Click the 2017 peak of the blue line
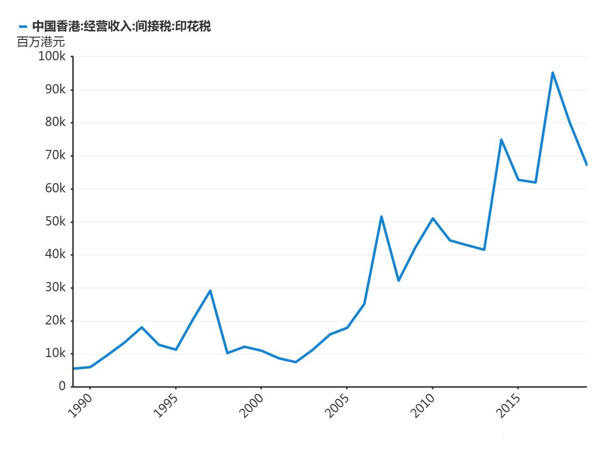553,73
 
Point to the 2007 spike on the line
381,217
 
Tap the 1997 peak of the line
210,291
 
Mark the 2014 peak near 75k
501,140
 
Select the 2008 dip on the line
398,281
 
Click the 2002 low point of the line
296,362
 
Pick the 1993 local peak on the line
141,327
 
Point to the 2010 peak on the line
433,218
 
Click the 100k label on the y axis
52,56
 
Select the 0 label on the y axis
62,386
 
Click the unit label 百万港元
41,42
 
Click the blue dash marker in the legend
23,27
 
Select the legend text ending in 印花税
121,27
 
